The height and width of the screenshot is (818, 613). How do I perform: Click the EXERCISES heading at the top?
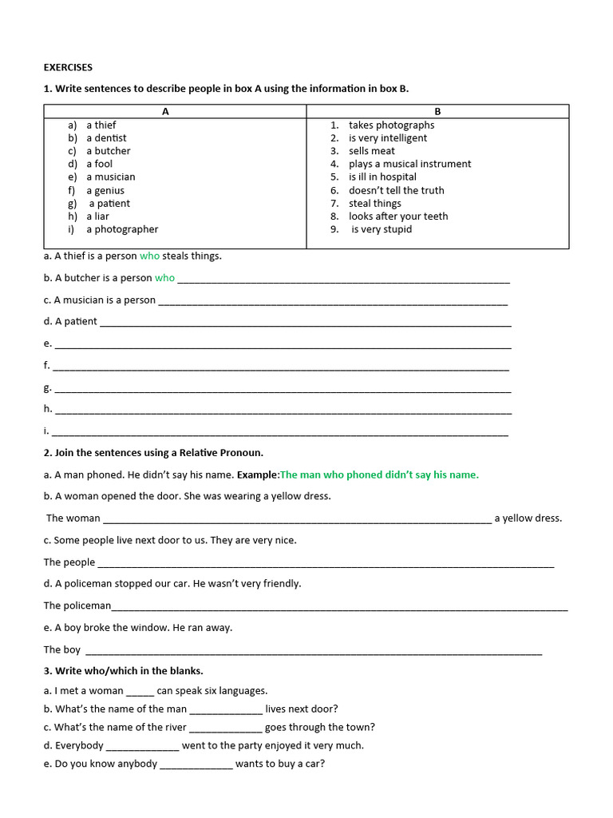point(68,67)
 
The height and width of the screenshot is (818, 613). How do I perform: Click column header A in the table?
point(165,112)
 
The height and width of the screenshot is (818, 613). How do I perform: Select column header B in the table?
point(437,112)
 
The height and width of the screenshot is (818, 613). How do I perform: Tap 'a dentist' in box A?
point(106,138)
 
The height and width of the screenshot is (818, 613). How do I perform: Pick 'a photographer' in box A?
point(122,229)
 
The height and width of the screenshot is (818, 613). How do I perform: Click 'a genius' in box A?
point(105,190)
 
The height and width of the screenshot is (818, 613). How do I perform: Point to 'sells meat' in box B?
point(371,151)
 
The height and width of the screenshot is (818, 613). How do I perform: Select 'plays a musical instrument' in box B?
point(409,164)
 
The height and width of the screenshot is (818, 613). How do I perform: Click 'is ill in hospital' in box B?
point(382,177)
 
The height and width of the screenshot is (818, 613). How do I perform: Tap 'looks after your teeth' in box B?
point(398,216)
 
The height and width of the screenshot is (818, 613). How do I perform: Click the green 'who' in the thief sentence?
point(149,256)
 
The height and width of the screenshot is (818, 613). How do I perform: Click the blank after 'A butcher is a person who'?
point(343,280)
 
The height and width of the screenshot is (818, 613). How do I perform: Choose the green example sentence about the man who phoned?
point(379,475)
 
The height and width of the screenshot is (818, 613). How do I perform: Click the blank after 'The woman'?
point(297,520)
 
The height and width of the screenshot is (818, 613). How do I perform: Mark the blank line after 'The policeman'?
point(339,608)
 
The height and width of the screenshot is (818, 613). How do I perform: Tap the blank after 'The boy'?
point(313,652)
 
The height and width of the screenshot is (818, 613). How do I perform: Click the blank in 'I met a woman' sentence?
point(140,693)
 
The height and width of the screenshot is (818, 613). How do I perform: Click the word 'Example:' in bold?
point(258,475)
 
